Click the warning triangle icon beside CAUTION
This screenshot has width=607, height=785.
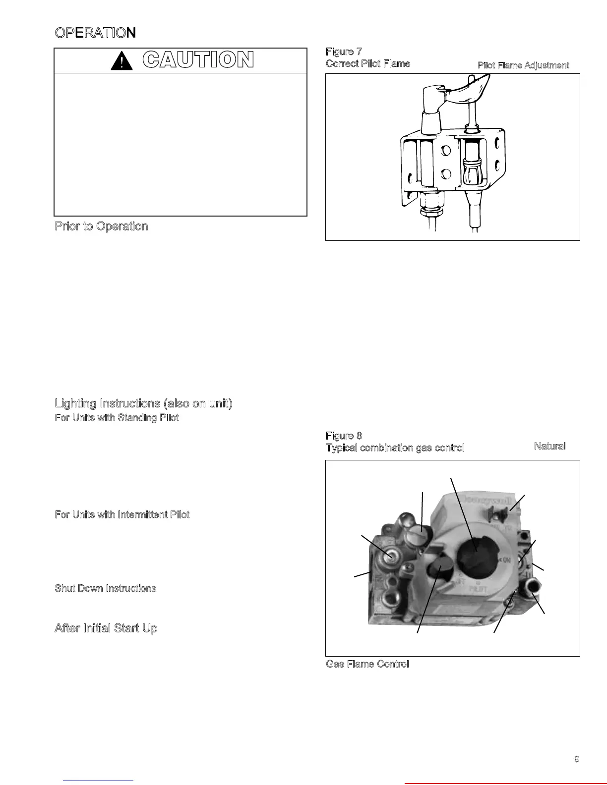[x=121, y=61]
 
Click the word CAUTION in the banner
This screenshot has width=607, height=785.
[x=198, y=60]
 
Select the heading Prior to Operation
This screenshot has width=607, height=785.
[x=101, y=226]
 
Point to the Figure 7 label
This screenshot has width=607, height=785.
[x=344, y=52]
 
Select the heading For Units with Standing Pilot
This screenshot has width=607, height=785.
[x=117, y=418]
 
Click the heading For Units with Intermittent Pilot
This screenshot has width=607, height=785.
[x=122, y=515]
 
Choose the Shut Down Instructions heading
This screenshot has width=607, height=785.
[x=105, y=589]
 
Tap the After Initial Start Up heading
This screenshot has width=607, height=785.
[x=106, y=628]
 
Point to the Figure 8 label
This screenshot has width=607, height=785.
[x=344, y=436]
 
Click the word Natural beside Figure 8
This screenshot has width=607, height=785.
[x=549, y=447]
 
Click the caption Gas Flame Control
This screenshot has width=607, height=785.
[x=367, y=664]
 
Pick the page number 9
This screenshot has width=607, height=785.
[x=576, y=759]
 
